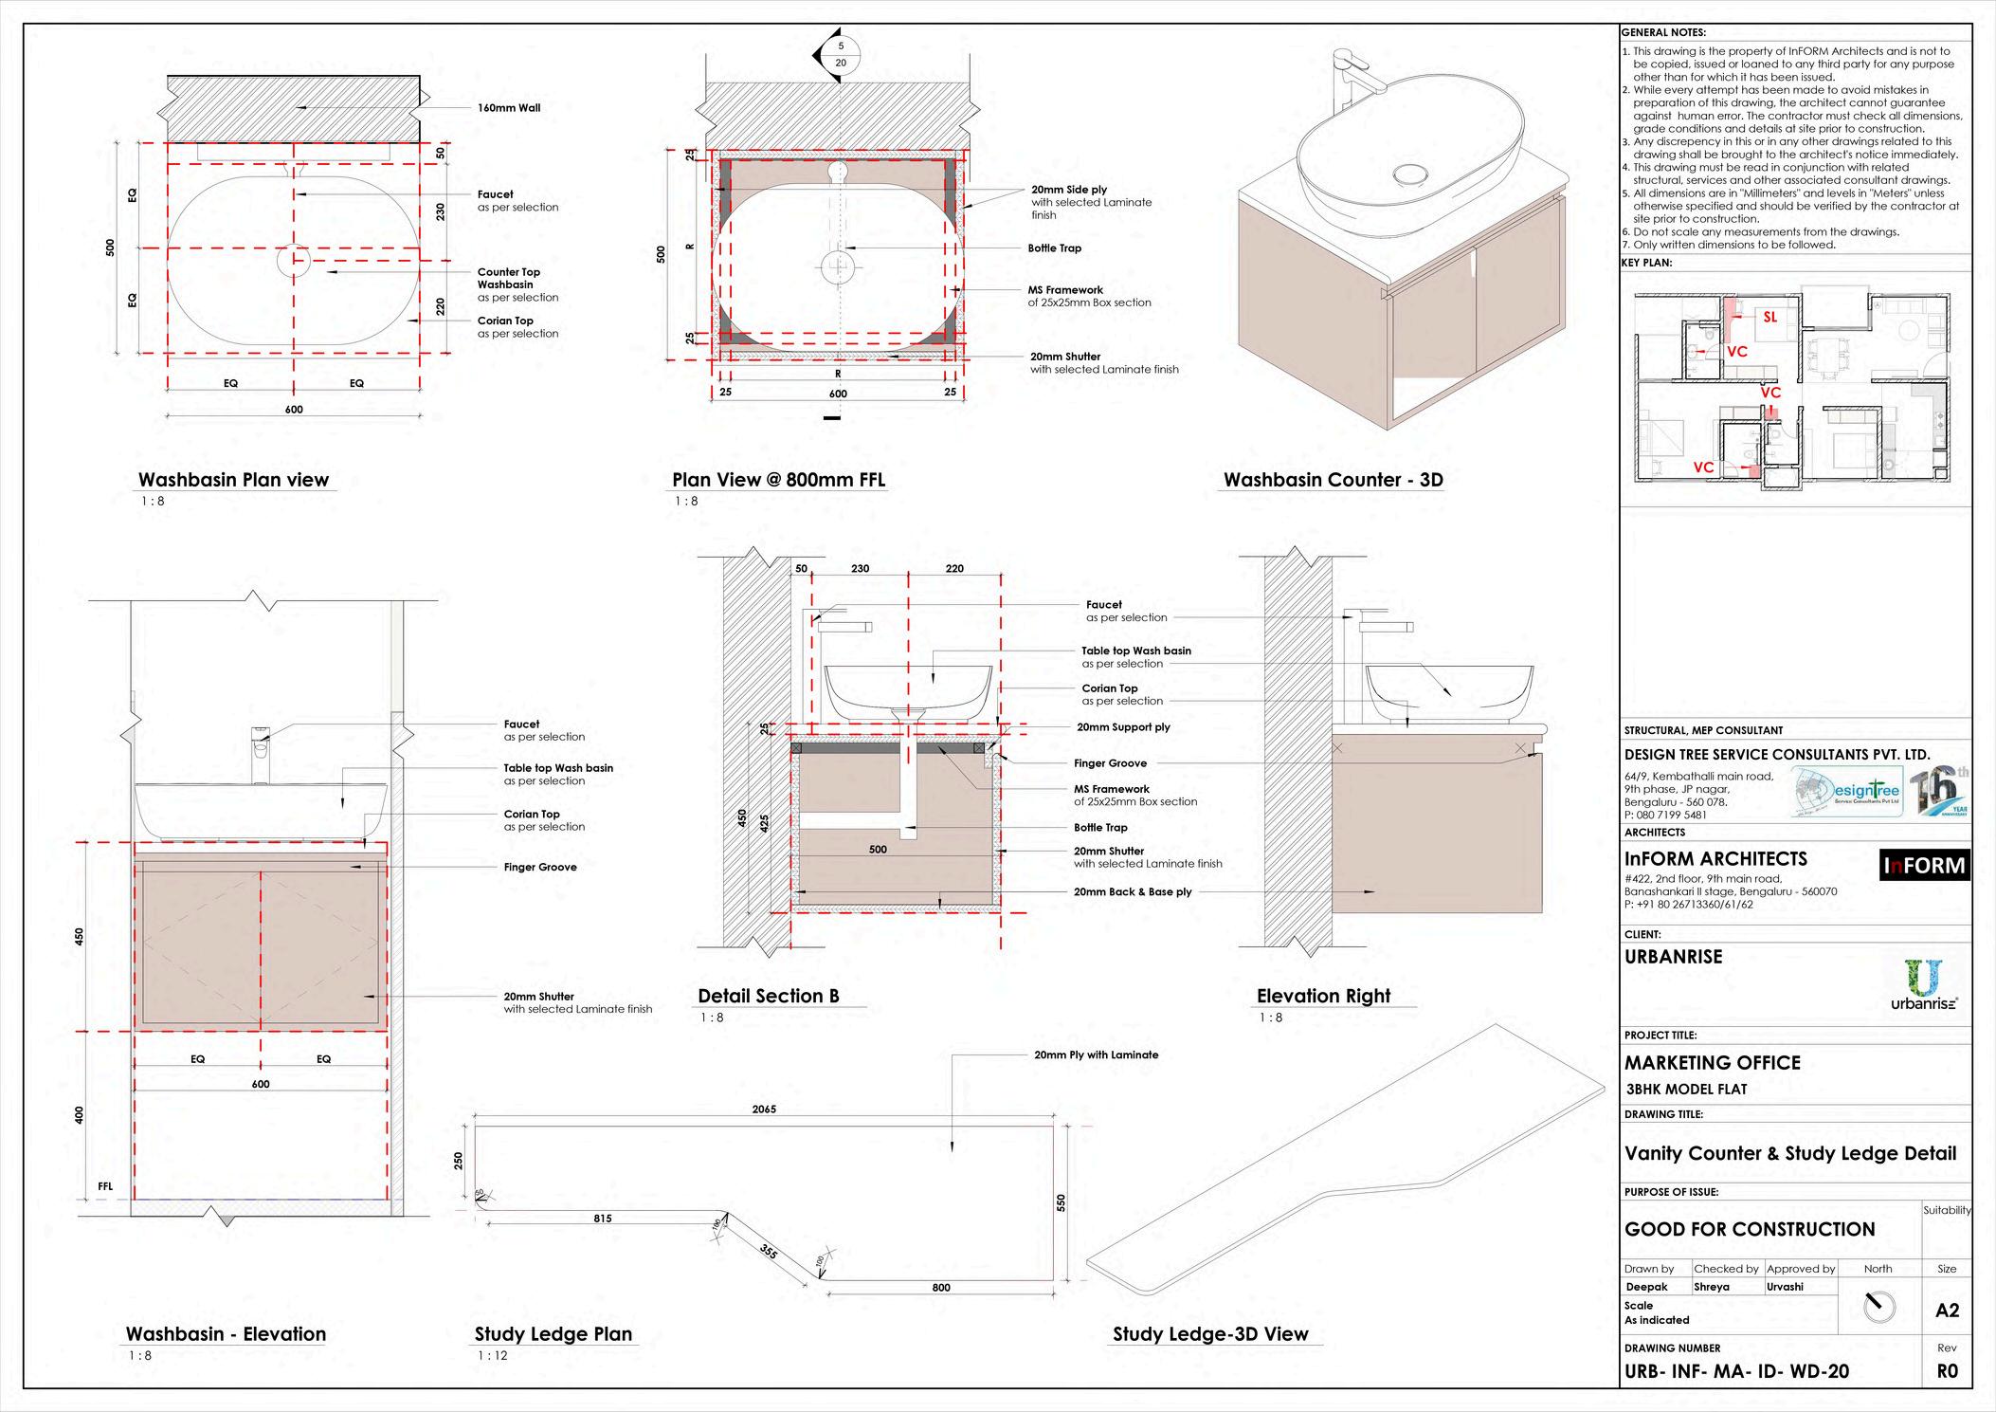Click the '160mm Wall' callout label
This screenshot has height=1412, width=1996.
[x=509, y=108]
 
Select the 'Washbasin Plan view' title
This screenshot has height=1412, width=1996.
[x=233, y=480]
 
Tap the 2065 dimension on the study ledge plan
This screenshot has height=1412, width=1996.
[x=764, y=1109]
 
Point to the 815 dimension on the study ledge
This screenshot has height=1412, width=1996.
[x=603, y=1219]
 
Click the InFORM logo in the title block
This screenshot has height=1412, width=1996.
[x=1924, y=866]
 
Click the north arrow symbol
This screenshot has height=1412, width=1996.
[x=1878, y=1308]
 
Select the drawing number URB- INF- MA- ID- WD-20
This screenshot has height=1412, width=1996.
[x=1736, y=1371]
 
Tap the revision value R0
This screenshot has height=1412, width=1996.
[x=1947, y=1371]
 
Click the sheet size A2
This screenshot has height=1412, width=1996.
[x=1947, y=1311]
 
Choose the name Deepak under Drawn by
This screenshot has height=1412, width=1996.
[x=1646, y=1287]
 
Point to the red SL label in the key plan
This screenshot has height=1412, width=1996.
[x=1769, y=318]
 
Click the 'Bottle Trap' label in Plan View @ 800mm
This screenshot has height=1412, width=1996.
[x=1054, y=248]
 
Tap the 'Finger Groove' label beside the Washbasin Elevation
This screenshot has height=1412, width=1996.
[x=540, y=867]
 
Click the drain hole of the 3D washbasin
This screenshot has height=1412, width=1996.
[x=1411, y=174]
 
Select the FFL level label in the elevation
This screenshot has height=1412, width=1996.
[x=105, y=1186]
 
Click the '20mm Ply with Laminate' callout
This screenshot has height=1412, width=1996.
[x=1096, y=1054]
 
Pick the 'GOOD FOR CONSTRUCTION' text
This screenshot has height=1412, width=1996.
[x=1750, y=1230]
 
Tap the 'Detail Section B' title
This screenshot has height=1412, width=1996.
[x=768, y=996]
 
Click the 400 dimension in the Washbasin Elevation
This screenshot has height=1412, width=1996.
[x=80, y=1115]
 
